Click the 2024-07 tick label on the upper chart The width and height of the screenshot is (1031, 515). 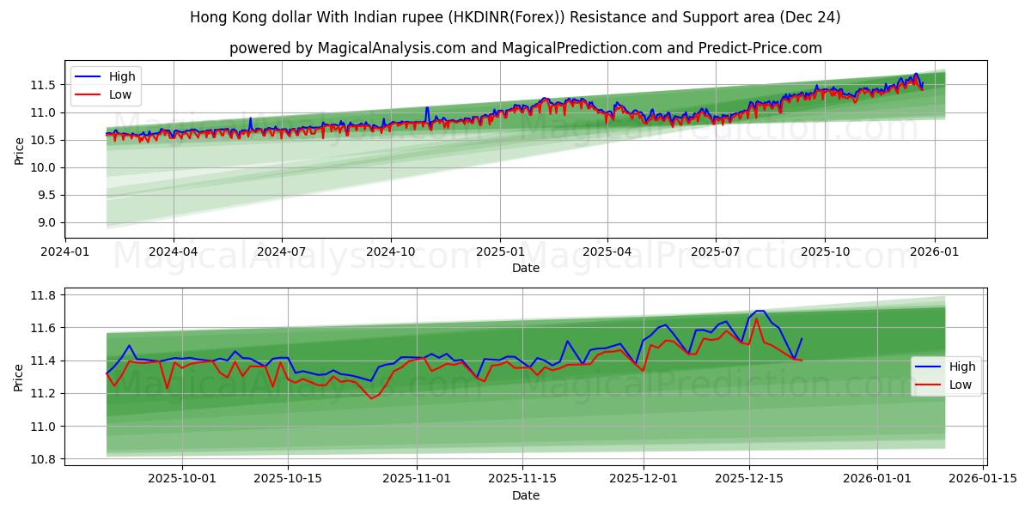click(x=282, y=252)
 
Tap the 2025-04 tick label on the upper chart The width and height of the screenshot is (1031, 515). click(x=607, y=252)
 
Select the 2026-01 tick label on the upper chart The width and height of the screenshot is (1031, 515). click(x=934, y=252)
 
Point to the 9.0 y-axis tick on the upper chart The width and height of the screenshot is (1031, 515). click(x=46, y=223)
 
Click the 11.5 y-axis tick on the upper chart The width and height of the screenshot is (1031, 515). click(x=43, y=85)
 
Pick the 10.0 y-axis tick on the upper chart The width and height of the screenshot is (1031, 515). click(x=43, y=167)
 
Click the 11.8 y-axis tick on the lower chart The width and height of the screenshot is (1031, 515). click(x=43, y=295)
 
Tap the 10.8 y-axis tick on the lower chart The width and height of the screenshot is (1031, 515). click(x=43, y=460)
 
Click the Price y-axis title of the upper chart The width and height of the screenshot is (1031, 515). click(x=19, y=150)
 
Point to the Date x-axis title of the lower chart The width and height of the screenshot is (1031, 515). click(x=526, y=495)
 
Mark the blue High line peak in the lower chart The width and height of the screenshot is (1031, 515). click(x=760, y=311)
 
